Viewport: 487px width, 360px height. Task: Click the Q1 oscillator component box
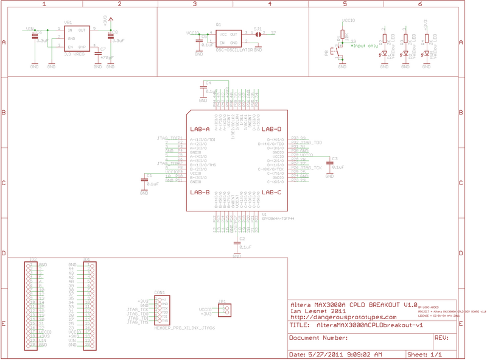[x=228, y=38]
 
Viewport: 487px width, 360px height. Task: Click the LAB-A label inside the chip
[x=200, y=129]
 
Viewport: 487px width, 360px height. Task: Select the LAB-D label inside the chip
[x=271, y=129]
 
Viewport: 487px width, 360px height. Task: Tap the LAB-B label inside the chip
[x=200, y=192]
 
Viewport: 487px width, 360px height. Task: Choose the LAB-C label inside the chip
[x=271, y=192]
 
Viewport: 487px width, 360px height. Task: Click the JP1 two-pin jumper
[x=225, y=311]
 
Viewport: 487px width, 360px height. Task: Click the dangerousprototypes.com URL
[x=343, y=317]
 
